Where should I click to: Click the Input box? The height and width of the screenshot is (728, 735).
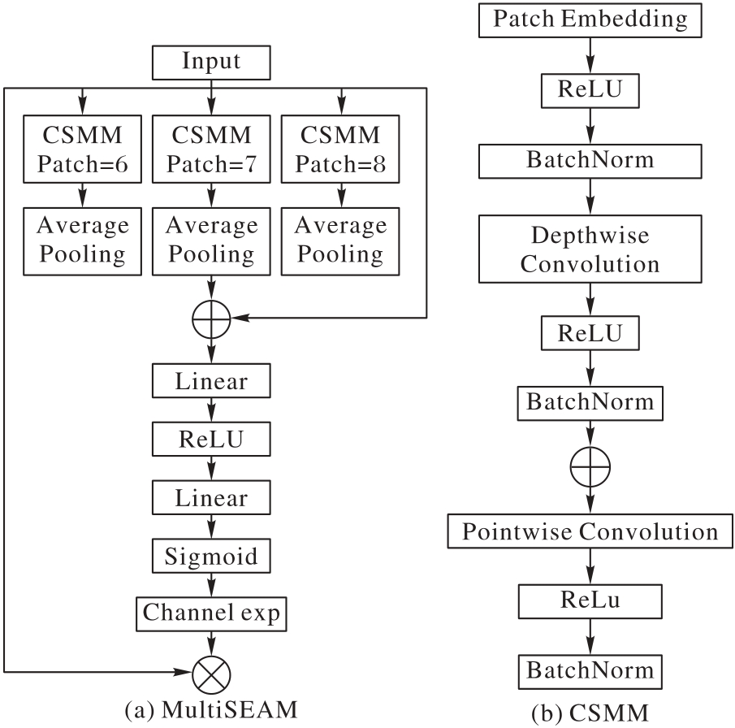coord(212,62)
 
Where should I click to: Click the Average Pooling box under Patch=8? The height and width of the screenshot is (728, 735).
coord(340,240)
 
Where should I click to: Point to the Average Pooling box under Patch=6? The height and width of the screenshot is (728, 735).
coord(82,240)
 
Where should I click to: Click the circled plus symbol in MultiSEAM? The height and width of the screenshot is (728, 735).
coord(212,322)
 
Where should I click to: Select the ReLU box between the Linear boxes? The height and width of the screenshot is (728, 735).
coord(211,439)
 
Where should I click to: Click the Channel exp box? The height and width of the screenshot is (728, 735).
coord(212,613)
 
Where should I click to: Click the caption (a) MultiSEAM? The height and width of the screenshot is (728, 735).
coord(211,709)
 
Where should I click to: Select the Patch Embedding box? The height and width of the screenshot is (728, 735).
coord(590,18)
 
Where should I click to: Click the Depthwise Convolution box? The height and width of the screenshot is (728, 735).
coord(590,250)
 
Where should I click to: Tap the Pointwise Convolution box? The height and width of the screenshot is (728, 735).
coord(590,532)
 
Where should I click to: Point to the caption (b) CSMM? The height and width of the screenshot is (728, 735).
coord(590,713)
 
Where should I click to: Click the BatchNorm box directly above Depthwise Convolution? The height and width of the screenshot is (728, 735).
coord(590,160)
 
